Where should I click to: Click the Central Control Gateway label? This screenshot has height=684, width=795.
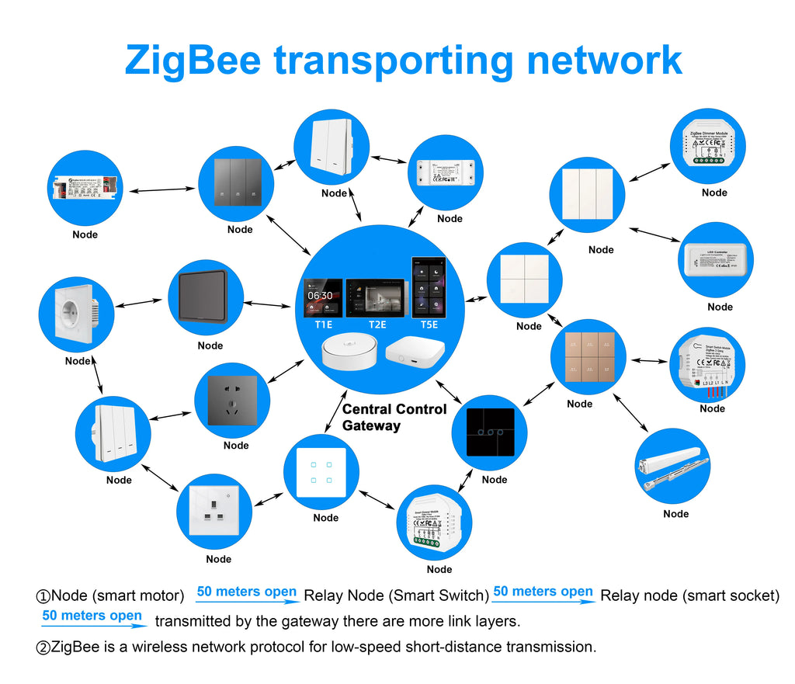[394, 417]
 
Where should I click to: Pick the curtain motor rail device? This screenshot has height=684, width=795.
[672, 466]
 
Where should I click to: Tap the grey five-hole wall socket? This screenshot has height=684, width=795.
[231, 400]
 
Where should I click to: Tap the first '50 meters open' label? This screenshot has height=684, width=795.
[246, 592]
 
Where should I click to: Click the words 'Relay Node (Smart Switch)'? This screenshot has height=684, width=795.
[396, 596]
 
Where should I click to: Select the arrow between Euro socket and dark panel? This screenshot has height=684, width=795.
[141, 302]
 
